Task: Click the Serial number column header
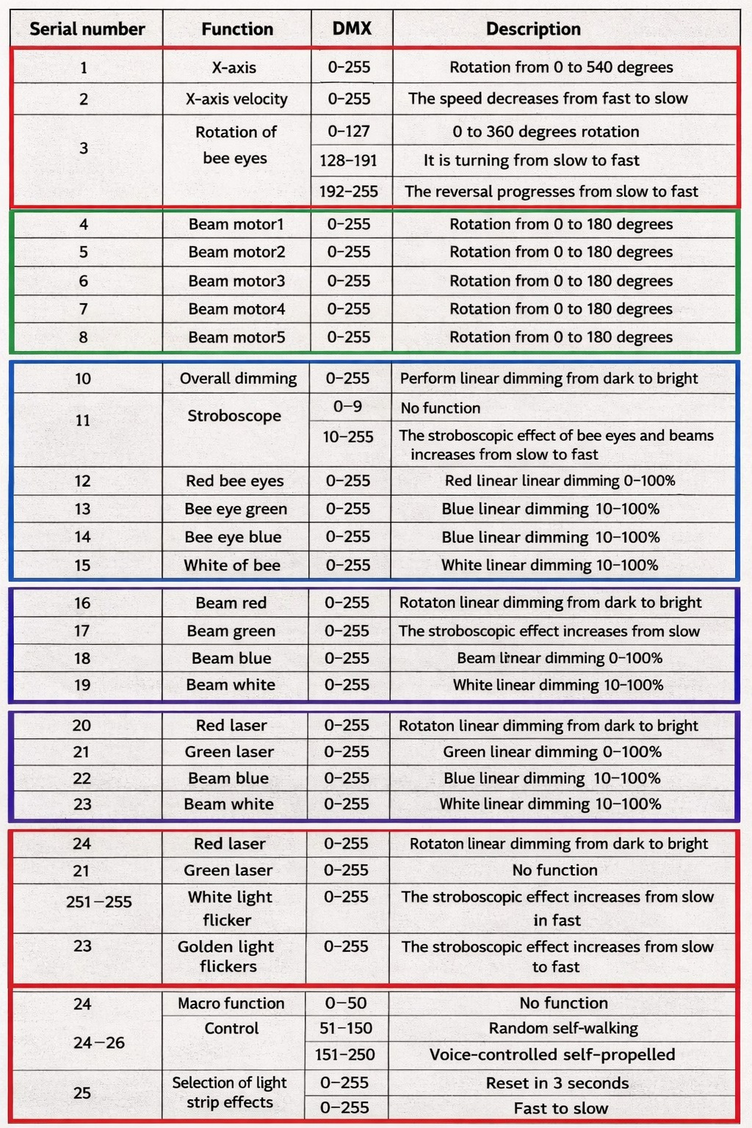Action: point(87,29)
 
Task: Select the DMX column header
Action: point(352,29)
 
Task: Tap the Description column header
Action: point(533,29)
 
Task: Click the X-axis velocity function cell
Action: point(236,99)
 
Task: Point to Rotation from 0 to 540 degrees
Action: point(561,68)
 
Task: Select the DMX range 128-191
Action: point(348,161)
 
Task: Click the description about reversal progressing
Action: point(552,192)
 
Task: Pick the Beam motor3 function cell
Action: point(236,281)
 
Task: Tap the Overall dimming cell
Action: point(238,379)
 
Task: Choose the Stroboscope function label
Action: point(234,416)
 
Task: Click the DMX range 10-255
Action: point(348,437)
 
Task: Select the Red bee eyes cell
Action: point(234,481)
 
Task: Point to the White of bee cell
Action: point(232,565)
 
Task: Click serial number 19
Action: point(82,685)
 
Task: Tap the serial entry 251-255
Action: point(99,902)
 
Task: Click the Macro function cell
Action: point(231,1003)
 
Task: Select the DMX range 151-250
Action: point(345,1055)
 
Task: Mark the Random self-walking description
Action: point(563,1028)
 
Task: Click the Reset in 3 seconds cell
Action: point(557,1083)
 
